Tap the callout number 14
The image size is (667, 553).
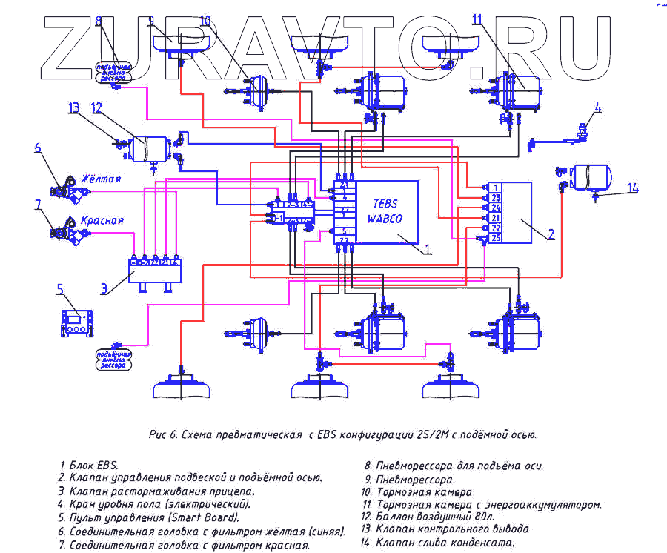tap(632, 188)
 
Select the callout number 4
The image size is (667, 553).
tap(597, 107)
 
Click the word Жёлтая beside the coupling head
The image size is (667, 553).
tap(101, 180)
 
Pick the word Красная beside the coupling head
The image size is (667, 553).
tap(102, 220)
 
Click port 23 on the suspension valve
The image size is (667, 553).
tap(496, 197)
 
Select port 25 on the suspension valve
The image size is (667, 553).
tap(496, 238)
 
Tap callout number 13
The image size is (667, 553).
tap(74, 108)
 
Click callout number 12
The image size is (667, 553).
tap(97, 108)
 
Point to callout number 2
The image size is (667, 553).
tap(551, 234)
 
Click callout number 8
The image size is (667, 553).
tap(99, 20)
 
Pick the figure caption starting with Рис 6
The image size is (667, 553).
tap(337, 435)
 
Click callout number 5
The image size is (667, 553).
tap(60, 288)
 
